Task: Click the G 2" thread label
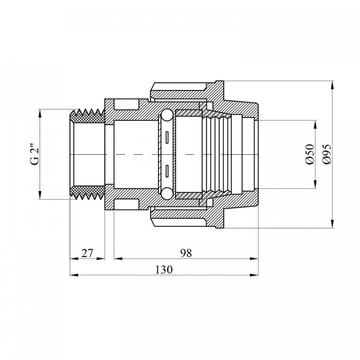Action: coord(34,154)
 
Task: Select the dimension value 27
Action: coord(87,254)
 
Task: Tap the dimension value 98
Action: coord(186,253)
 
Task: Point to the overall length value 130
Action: coord(164,270)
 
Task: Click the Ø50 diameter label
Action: coord(310,154)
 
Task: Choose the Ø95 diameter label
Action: coord(327,154)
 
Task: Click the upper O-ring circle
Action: coord(167,115)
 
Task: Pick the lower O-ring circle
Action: coord(167,193)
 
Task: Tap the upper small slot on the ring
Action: coord(167,137)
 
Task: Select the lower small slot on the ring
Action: coord(167,171)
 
